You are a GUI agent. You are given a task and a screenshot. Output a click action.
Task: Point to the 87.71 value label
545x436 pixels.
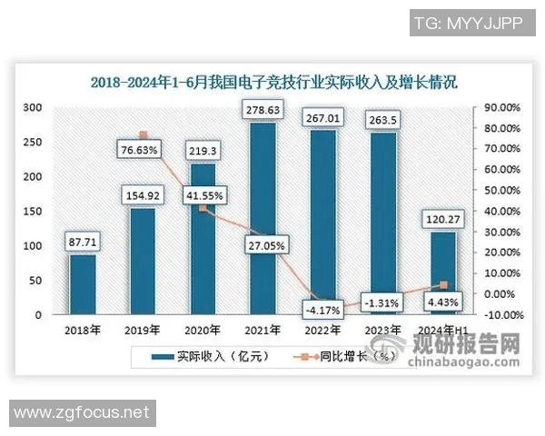click(83, 243)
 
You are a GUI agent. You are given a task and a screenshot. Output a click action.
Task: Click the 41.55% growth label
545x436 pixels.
click(203, 194)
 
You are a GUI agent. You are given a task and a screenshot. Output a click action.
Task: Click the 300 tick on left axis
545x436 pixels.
click(34, 107)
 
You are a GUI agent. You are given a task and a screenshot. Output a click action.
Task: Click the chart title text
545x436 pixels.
click(272, 81)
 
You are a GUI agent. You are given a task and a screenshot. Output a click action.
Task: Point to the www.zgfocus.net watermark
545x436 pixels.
click(81, 413)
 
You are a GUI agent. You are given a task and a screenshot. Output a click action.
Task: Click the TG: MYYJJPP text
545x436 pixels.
click(468, 23)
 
